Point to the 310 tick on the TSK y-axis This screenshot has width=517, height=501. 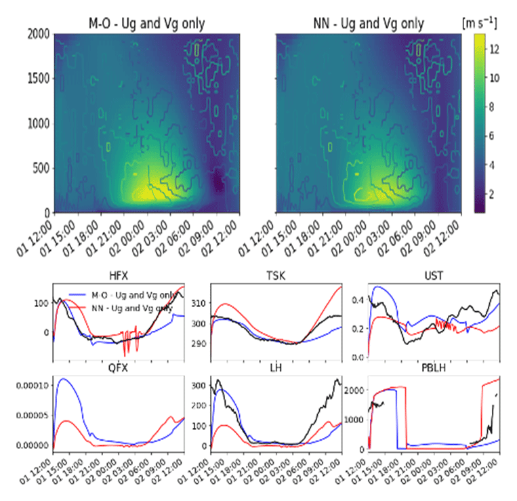(200, 302)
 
